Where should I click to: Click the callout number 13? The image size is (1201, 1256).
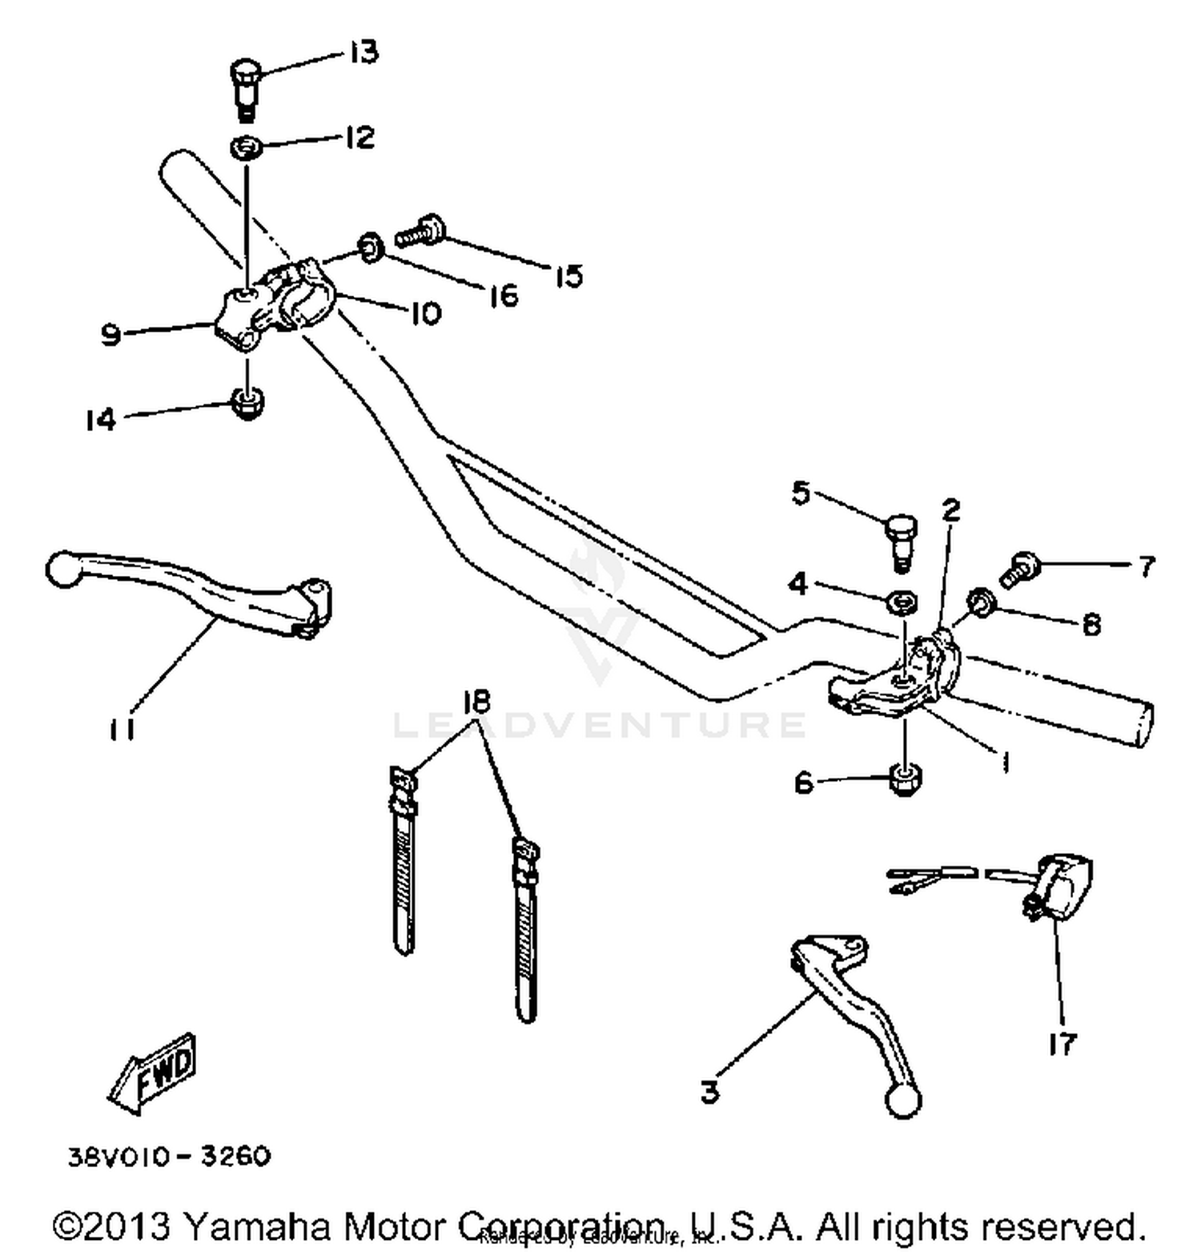coord(363,53)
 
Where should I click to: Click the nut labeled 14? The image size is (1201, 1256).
coord(247,402)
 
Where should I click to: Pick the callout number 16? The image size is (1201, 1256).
coord(503,296)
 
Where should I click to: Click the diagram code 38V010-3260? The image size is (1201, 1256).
coord(169,1157)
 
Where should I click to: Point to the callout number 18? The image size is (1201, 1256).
coord(476,702)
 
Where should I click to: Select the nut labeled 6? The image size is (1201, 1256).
coord(905,779)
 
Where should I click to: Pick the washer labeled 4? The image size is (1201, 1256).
coord(902,601)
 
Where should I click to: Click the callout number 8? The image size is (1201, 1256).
coord(1091,624)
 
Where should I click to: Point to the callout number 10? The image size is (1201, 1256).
coord(426,313)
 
